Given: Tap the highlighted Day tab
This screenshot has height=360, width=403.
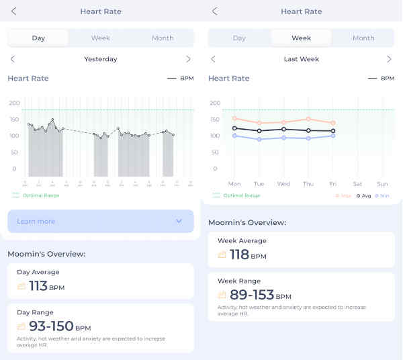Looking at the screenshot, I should pyautogui.click(x=38, y=38).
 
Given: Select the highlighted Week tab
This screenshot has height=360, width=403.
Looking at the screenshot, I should pyautogui.click(x=301, y=38).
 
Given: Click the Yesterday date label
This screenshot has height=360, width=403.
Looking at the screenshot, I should pyautogui.click(x=100, y=59).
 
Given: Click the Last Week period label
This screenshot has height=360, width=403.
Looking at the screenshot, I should pyautogui.click(x=301, y=59).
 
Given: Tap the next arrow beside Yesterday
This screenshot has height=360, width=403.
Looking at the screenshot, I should pyautogui.click(x=188, y=59).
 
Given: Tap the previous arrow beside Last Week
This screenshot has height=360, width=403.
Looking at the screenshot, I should pyautogui.click(x=214, y=59).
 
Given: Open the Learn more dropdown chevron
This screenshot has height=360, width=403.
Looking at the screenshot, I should pyautogui.click(x=179, y=221).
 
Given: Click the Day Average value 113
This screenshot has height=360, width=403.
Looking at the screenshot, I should pyautogui.click(x=38, y=286).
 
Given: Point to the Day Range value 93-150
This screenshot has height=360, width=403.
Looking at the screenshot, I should pyautogui.click(x=51, y=326).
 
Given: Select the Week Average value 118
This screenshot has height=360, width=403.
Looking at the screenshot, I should pyautogui.click(x=239, y=255).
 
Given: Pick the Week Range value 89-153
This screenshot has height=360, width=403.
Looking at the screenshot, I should pyautogui.click(x=252, y=295).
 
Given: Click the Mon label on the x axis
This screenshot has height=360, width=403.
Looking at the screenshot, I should pyautogui.click(x=234, y=183).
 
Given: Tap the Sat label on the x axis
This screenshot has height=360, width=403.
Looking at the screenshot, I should pyautogui.click(x=357, y=183).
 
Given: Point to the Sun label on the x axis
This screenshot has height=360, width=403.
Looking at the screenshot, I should pyautogui.click(x=382, y=183).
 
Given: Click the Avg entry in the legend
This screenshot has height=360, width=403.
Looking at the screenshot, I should pyautogui.click(x=363, y=195).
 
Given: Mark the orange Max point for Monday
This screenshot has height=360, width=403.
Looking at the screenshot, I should pyautogui.click(x=234, y=118).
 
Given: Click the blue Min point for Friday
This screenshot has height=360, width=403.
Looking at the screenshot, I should pyautogui.click(x=333, y=136).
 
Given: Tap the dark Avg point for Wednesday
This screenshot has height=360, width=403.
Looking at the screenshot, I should pyautogui.click(x=283, y=129).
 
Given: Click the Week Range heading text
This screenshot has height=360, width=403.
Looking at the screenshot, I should pyautogui.click(x=240, y=281).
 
